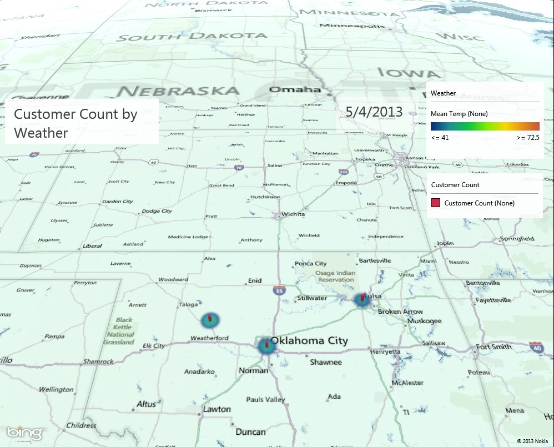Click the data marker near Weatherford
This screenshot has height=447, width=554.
pyautogui.click(x=210, y=319)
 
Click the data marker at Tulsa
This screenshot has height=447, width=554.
pyautogui.click(x=362, y=300)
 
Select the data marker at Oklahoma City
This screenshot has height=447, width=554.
pyautogui.click(x=266, y=345)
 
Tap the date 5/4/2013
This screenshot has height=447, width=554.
pyautogui.click(x=374, y=112)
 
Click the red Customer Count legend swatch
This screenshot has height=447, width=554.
pyautogui.click(x=436, y=203)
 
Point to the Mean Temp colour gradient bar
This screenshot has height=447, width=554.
pyautogui.click(x=485, y=126)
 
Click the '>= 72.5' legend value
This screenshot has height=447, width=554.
pyautogui.click(x=527, y=137)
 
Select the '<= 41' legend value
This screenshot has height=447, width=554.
pyautogui.click(x=440, y=137)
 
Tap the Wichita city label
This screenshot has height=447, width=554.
pyautogui.click(x=293, y=214)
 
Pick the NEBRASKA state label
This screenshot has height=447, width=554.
pyautogui.click(x=178, y=91)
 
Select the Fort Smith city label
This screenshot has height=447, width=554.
pyautogui.click(x=493, y=347)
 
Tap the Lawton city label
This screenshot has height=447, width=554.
pyautogui.click(x=216, y=409)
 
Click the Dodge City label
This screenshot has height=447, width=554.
pyautogui.click(x=157, y=211)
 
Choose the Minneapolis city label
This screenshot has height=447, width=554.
pyautogui.click(x=359, y=26)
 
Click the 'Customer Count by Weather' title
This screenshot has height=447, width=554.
pyautogui.click(x=75, y=123)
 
